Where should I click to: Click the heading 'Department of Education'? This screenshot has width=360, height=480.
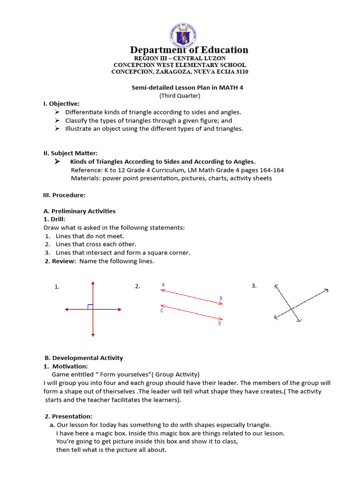point(189,50)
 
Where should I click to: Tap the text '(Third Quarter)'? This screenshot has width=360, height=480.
point(180,96)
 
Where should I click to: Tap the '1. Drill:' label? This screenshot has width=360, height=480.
point(54,219)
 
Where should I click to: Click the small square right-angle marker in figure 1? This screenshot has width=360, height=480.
point(90,307)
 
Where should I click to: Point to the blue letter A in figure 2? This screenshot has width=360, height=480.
point(163,285)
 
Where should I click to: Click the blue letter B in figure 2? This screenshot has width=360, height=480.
point(221,299)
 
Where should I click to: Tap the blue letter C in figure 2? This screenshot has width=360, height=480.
point(162,311)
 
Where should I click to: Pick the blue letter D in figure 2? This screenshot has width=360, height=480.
point(219,323)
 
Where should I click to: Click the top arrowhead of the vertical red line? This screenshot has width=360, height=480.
point(93,284)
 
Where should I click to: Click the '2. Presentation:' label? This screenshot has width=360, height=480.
point(68,416)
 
